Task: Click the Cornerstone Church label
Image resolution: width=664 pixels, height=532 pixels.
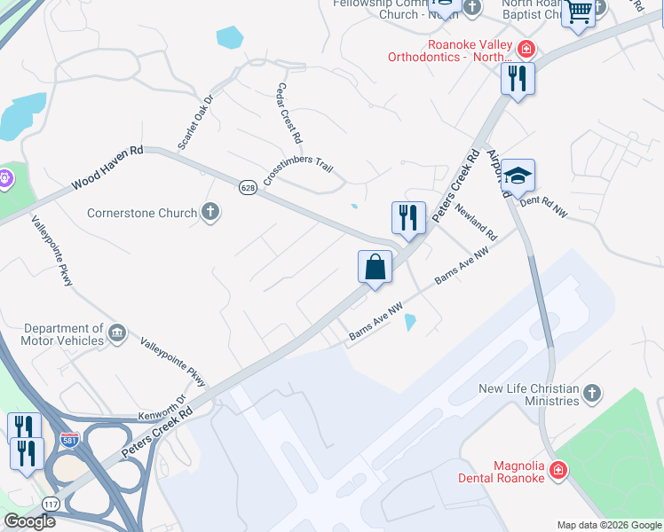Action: [x=142, y=213]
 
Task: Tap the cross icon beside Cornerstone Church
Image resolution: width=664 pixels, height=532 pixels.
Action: [x=210, y=212]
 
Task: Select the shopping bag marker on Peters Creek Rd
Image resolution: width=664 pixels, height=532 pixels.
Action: [x=375, y=267]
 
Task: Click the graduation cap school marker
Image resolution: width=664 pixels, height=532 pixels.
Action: [x=518, y=174]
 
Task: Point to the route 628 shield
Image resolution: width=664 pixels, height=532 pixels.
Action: [x=247, y=188]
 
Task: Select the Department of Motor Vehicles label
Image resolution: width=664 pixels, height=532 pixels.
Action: [x=63, y=334]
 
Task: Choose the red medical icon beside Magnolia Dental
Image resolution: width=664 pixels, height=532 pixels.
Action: [x=558, y=469]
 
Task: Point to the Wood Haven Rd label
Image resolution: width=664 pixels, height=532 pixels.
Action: [x=107, y=168]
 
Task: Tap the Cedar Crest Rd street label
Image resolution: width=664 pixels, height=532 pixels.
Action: [x=289, y=114]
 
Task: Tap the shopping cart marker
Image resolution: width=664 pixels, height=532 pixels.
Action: [x=579, y=12]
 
